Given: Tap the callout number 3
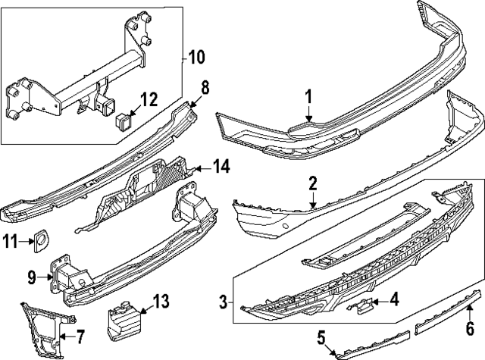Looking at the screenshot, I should (223, 303).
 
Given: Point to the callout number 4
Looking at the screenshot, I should (393, 299).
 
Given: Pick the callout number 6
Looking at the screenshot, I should (470, 328).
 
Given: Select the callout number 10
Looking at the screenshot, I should (196, 56).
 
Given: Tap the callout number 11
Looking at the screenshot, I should (10, 242).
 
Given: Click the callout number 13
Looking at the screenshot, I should (161, 303).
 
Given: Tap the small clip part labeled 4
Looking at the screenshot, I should (362, 305).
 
